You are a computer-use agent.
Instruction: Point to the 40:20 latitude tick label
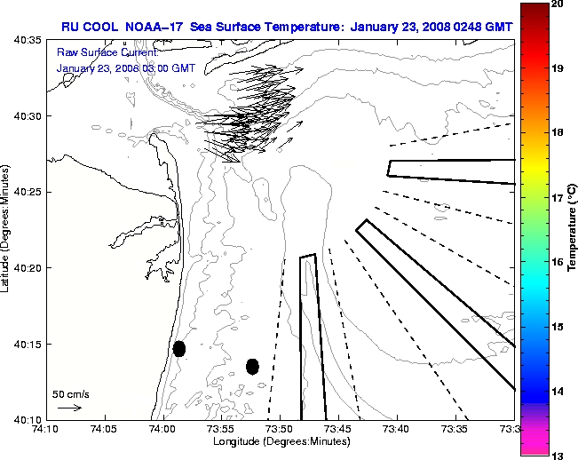[x=28, y=268]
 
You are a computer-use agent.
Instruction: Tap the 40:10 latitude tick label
[x=28, y=419]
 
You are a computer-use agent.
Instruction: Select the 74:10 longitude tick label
[x=45, y=429]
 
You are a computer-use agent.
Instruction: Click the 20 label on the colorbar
[x=558, y=5]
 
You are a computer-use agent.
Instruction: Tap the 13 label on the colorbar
[x=558, y=455]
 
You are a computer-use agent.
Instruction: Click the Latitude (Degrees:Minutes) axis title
[x=7, y=229]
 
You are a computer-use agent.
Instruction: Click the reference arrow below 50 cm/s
[x=70, y=408]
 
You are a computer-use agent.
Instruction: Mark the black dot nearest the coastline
[x=179, y=348]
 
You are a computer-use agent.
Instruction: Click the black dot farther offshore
[x=252, y=366]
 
